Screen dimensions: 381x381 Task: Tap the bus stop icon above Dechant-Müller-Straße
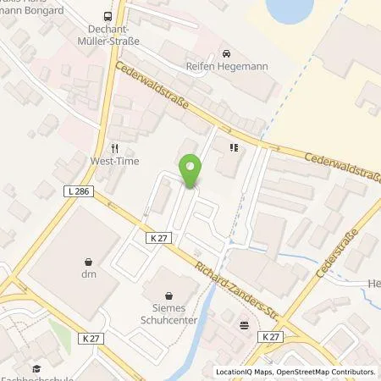coord(107,16)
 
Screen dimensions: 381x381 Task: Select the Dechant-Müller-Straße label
coord(108,35)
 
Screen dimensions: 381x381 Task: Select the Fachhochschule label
coord(34,378)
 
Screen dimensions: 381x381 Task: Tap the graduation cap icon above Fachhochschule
coord(36,368)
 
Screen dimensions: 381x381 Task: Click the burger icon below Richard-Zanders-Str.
coord(244,323)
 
